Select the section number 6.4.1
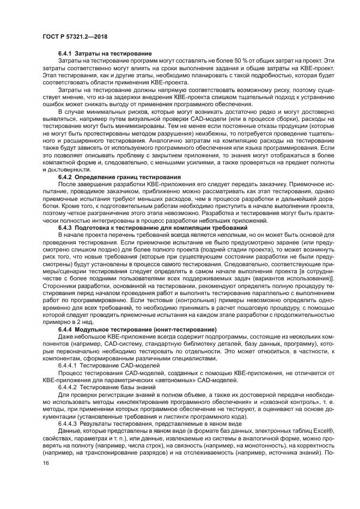point(66,53)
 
